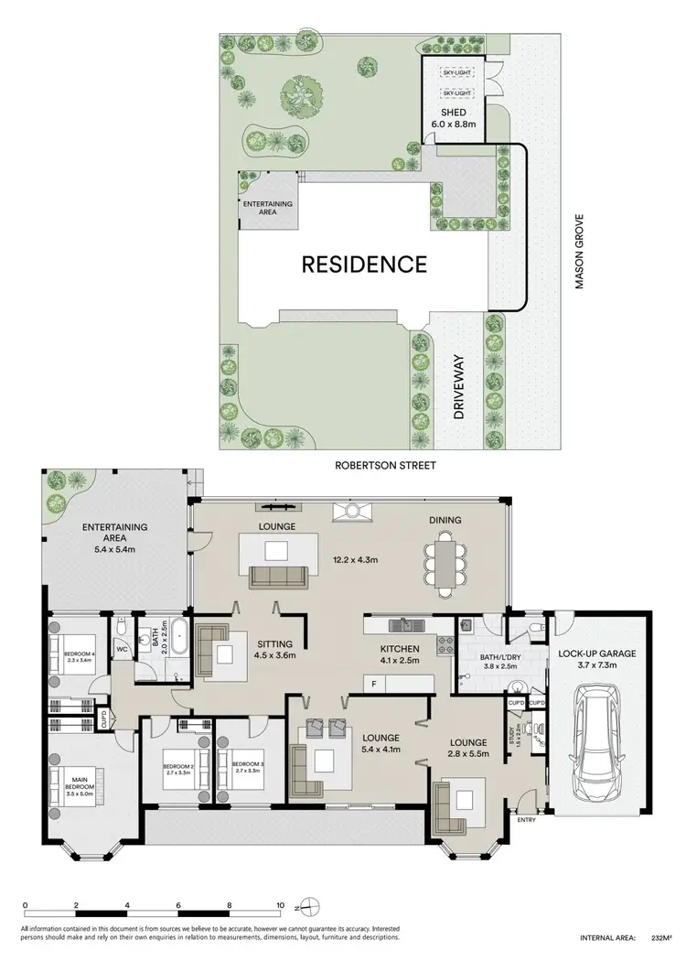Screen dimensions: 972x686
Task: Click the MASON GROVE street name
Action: pyautogui.click(x=579, y=253)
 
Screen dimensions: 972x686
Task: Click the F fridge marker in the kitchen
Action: pyautogui.click(x=374, y=683)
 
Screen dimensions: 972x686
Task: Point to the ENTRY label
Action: pyautogui.click(x=528, y=820)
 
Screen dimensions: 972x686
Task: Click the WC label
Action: pyautogui.click(x=121, y=650)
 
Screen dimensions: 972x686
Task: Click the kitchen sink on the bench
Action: pyautogui.click(x=401, y=625)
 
